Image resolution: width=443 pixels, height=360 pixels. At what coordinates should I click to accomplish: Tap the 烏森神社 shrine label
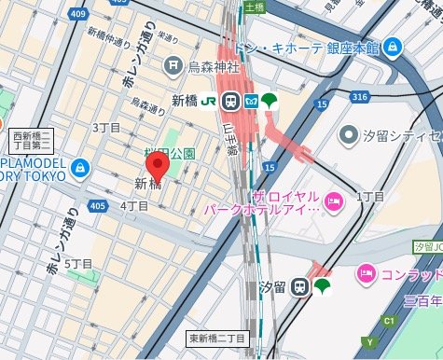215,65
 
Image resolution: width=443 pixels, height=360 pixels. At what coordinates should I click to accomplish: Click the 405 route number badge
98,205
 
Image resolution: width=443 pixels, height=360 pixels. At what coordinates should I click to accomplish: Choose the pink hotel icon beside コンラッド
367,274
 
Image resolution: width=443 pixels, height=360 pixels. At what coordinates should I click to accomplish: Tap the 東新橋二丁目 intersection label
216,338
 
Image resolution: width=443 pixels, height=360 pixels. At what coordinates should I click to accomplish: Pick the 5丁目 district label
78,264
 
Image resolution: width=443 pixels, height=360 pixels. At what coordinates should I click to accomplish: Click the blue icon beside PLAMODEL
80,168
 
